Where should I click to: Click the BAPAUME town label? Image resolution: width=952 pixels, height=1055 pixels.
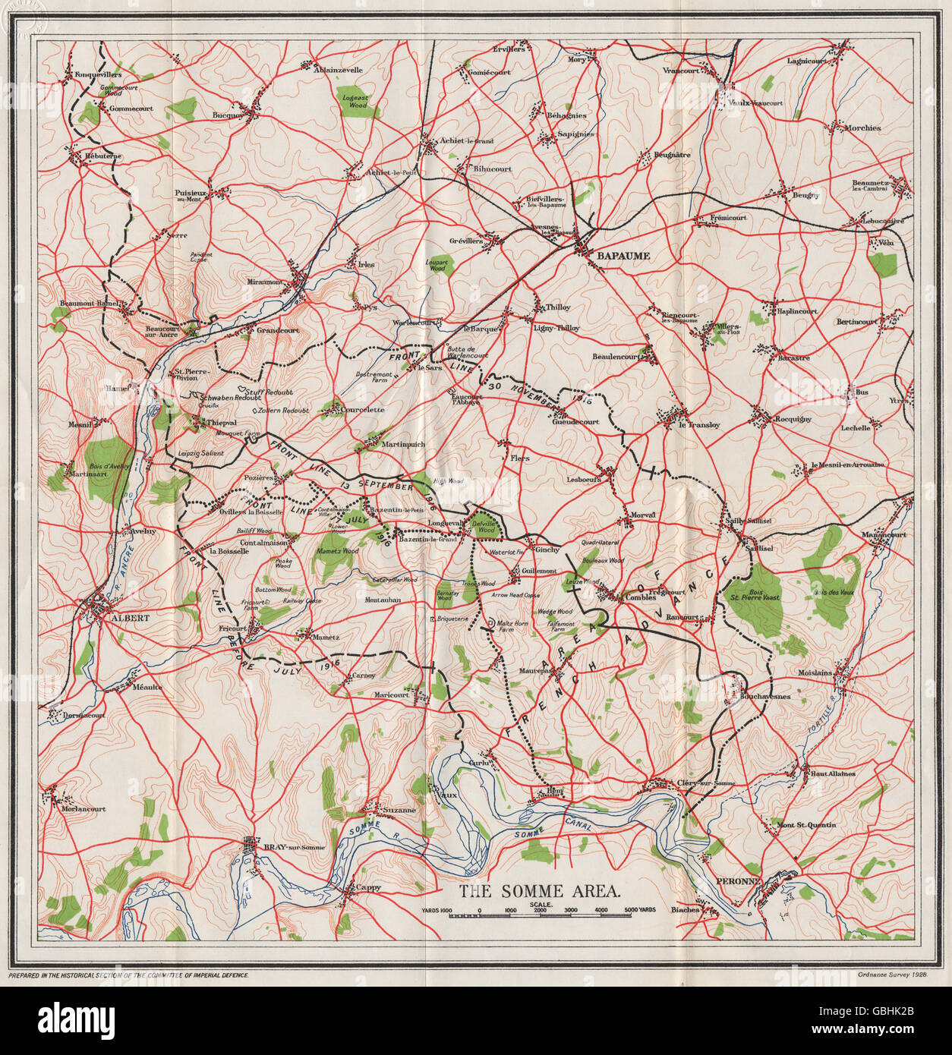pos(623,256)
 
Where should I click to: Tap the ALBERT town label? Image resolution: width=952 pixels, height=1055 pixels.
pos(130,618)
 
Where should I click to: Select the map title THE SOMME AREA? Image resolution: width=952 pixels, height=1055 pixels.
pos(540,891)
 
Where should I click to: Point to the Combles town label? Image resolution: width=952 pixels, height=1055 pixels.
pos(640,597)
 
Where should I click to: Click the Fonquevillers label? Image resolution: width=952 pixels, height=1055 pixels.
pos(98,74)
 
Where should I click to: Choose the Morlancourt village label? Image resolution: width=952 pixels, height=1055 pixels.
pos(84,809)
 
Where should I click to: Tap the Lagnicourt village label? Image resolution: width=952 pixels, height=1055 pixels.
pos(807,61)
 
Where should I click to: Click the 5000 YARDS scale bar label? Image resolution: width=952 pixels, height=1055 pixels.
pos(638,909)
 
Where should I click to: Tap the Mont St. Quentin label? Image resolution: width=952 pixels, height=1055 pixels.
pos(806,825)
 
